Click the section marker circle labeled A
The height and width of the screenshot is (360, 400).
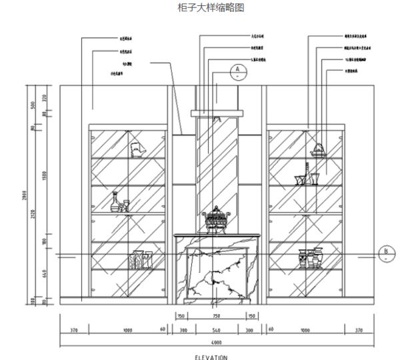(236, 70)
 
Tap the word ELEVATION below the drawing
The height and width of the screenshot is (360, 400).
(213, 357)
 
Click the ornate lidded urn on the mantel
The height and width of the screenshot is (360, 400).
(215, 219)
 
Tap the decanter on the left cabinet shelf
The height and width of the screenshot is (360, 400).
(117, 202)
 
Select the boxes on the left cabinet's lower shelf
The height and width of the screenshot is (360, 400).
(140, 259)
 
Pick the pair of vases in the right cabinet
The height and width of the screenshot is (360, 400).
(310, 258)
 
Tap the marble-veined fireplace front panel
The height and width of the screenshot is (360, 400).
(215, 273)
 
